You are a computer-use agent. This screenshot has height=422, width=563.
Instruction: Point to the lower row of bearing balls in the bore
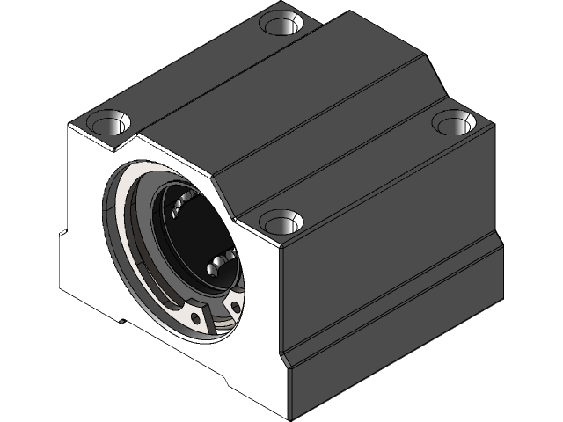tap(221, 261)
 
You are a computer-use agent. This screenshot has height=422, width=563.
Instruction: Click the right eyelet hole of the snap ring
tap(235, 307)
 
